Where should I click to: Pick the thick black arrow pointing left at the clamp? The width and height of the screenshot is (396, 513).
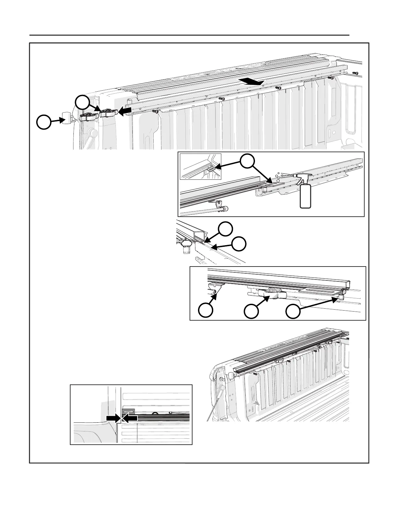tap(125, 111)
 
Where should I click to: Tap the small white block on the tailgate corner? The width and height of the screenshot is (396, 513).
tap(67, 117)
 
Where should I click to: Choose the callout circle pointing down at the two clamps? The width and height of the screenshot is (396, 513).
tap(83, 103)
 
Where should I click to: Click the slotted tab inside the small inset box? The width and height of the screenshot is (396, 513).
tap(211, 168)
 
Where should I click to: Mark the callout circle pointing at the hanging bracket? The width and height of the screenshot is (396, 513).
tap(206, 310)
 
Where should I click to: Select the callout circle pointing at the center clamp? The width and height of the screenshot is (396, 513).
tap(252, 312)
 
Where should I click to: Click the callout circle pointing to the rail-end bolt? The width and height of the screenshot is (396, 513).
tap(293, 312)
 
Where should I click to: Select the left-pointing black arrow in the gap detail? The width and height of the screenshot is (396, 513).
tap(131, 418)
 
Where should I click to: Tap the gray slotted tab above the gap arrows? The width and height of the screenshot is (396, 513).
tap(128, 410)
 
